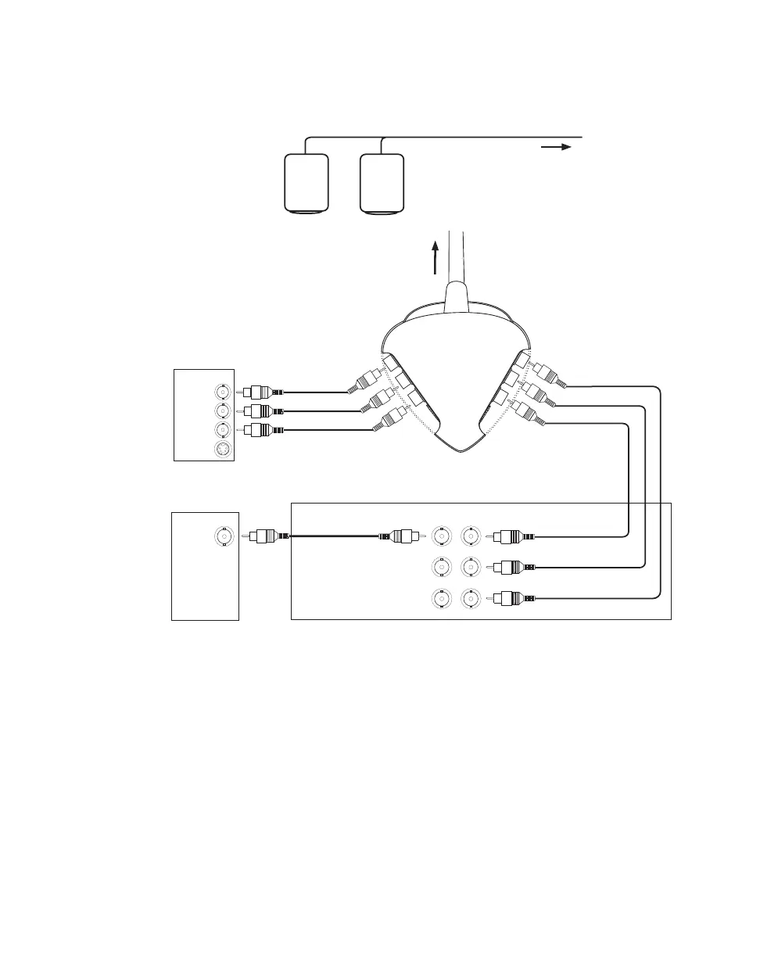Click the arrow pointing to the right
point(557,146)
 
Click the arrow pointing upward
point(436,257)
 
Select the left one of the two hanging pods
point(305,183)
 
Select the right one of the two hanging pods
point(382,183)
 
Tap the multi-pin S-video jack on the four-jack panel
point(223,449)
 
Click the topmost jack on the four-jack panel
point(223,391)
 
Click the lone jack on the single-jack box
point(224,536)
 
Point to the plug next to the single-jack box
point(267,536)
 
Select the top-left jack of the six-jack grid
point(441,536)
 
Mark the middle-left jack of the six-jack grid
point(441,568)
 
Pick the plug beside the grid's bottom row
point(511,599)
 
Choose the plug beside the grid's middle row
point(511,568)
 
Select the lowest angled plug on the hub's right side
point(532,414)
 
